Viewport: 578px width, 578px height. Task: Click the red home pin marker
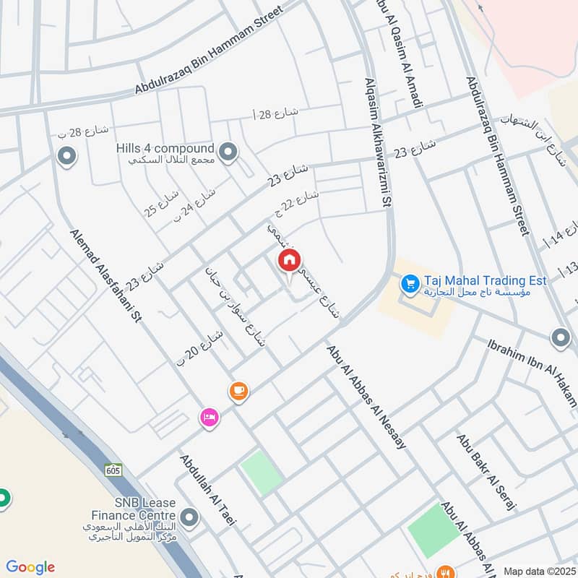point(289,260)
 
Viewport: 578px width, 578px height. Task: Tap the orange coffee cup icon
point(238,391)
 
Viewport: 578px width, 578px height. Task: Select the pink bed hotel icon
point(209,417)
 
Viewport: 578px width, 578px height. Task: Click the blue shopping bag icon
point(410,284)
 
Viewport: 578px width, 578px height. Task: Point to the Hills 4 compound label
point(165,148)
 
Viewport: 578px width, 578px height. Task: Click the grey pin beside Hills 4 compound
point(229,152)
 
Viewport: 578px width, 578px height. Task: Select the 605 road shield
point(112,470)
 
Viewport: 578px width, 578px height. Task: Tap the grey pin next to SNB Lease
point(189,517)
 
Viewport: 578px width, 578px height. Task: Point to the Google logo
point(30,567)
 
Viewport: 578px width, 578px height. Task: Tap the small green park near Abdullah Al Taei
point(261,473)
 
